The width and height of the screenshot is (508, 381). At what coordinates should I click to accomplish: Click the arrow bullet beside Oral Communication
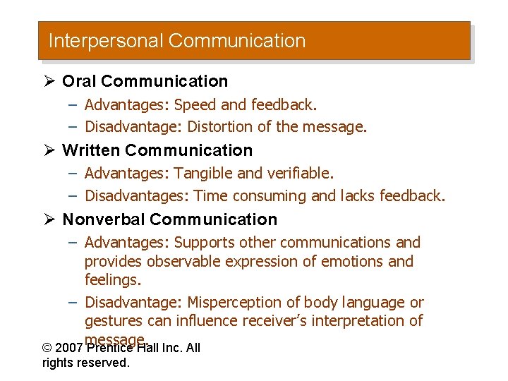pyautogui.click(x=49, y=81)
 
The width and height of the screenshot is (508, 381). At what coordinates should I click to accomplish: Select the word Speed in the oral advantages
pyautogui.click(x=195, y=105)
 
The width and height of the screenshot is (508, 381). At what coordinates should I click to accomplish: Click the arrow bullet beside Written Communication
pyautogui.click(x=49, y=150)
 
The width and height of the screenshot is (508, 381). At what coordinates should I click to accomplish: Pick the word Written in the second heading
pyautogui.click(x=91, y=150)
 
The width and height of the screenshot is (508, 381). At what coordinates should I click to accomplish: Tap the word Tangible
pyautogui.click(x=204, y=173)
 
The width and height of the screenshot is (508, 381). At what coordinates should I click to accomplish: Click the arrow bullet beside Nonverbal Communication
pyautogui.click(x=49, y=219)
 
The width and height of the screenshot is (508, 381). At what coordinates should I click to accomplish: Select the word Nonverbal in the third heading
pyautogui.click(x=103, y=219)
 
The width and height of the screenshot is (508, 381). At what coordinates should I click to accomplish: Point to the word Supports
pyautogui.click(x=205, y=243)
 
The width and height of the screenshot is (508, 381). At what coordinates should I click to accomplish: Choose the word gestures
pyautogui.click(x=113, y=322)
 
